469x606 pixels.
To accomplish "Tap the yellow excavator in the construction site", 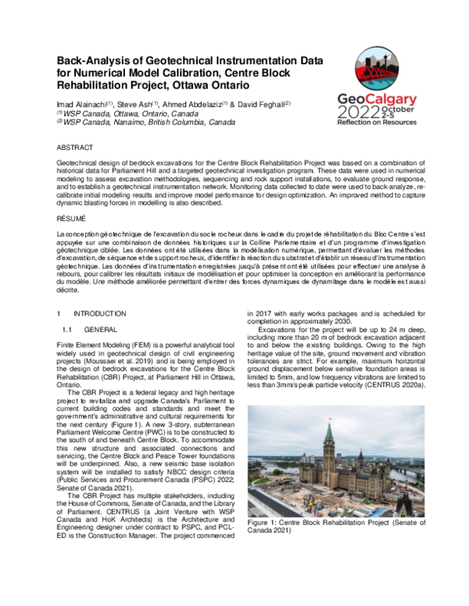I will pyautogui.click(x=311, y=503).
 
